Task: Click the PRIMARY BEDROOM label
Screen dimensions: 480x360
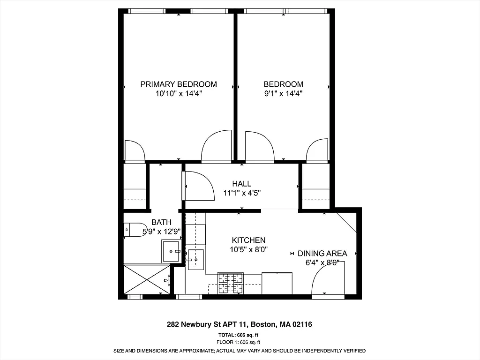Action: pyautogui.click(x=179, y=84)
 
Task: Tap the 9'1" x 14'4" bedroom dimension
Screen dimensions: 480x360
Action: pyautogui.click(x=283, y=93)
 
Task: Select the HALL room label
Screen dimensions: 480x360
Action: pyautogui.click(x=241, y=184)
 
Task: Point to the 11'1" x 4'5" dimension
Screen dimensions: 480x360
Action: pyautogui.click(x=241, y=193)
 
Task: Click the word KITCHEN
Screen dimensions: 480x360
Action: pyautogui.click(x=248, y=240)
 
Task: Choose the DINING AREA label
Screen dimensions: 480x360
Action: pyautogui.click(x=322, y=254)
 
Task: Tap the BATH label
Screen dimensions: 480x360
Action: pyautogui.click(x=161, y=222)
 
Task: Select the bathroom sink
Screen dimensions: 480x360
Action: pyautogui.click(x=171, y=251)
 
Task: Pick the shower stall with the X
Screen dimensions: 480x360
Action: pyautogui.click(x=147, y=279)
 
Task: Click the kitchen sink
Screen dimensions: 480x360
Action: pyautogui.click(x=196, y=260)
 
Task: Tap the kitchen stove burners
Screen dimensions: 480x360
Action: pyautogui.click(x=231, y=283)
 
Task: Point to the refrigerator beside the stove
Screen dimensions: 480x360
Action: pyautogui.click(x=277, y=283)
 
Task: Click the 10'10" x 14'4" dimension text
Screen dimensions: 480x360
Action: pyautogui.click(x=179, y=93)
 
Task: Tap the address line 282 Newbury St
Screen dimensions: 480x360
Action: pyautogui.click(x=240, y=324)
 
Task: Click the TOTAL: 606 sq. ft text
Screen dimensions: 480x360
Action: pyautogui.click(x=238, y=335)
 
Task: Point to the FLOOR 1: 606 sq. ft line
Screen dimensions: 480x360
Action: pyautogui.click(x=238, y=343)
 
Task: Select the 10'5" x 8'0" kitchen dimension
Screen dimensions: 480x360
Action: pyautogui.click(x=248, y=250)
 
